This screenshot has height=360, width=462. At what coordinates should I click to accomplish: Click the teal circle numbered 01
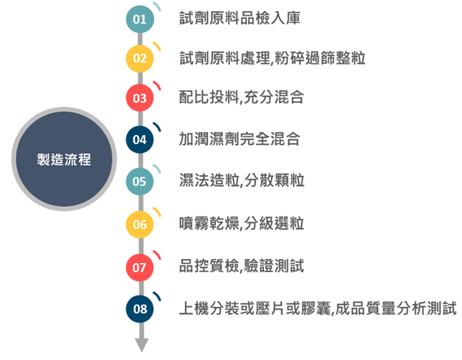click(x=140, y=20)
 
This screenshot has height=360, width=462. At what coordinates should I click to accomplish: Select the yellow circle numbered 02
click(x=140, y=59)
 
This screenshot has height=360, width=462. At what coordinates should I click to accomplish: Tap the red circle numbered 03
click(x=140, y=98)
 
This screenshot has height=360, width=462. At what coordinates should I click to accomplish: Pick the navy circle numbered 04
click(x=140, y=139)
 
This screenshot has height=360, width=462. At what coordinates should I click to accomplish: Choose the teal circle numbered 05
click(x=140, y=181)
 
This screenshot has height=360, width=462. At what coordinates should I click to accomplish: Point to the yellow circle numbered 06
click(x=140, y=225)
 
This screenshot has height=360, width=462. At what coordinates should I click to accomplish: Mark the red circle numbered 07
click(x=140, y=267)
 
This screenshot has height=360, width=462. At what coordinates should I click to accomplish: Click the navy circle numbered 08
click(x=140, y=309)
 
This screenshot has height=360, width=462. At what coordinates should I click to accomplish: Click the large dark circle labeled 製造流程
click(x=64, y=159)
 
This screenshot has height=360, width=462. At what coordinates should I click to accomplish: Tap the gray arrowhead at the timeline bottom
click(x=142, y=345)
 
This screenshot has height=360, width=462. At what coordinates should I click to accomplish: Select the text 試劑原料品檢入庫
click(x=240, y=18)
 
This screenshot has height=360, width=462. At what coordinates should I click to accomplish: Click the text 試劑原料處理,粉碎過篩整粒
click(x=272, y=58)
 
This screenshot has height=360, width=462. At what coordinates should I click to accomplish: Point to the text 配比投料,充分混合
click(x=242, y=97)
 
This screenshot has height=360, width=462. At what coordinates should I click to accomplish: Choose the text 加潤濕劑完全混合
click(x=240, y=138)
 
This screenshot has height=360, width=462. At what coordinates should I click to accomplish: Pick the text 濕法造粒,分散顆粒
click(x=242, y=180)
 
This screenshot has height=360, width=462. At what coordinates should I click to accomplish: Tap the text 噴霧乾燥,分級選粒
click(x=242, y=223)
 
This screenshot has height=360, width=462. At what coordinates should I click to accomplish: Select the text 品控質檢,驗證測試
click(x=242, y=266)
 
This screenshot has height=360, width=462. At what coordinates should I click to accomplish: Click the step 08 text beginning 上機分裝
click(x=318, y=309)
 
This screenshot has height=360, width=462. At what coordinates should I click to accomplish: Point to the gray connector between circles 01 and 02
click(x=140, y=39)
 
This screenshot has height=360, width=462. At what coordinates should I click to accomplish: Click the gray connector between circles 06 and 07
click(x=140, y=246)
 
